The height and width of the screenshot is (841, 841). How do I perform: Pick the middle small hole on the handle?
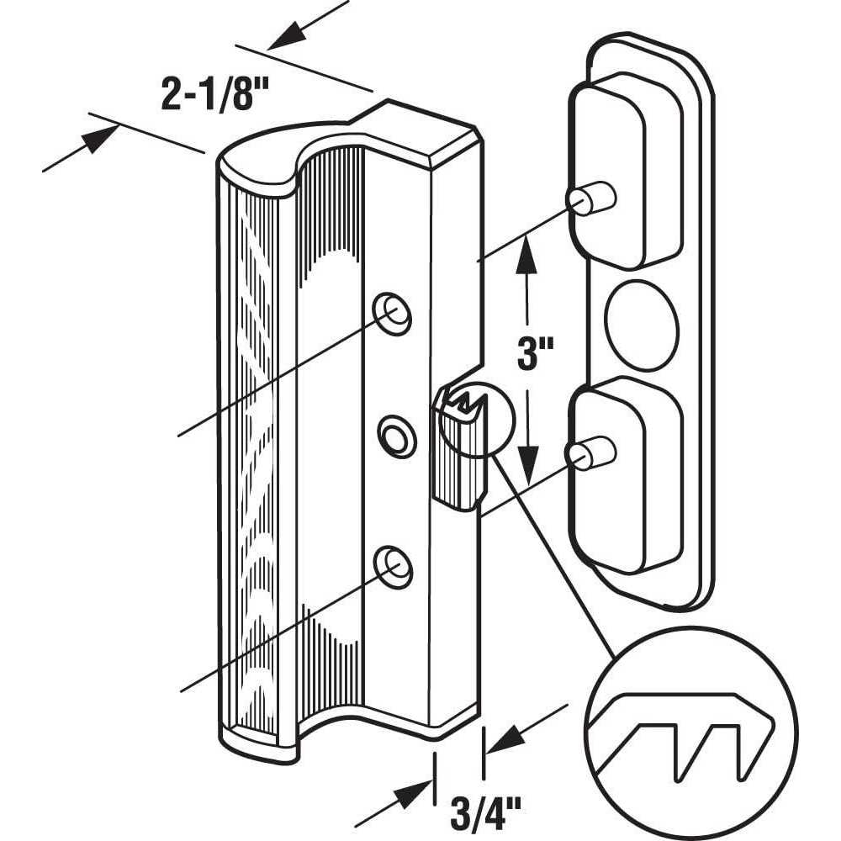tap(392, 433)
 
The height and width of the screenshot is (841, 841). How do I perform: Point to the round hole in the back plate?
tap(642, 325)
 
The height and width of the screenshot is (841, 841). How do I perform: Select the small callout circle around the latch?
tap(475, 418)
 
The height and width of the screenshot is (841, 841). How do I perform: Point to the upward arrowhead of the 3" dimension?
tap(526, 252)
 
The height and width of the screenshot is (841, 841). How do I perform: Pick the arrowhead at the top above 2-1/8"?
tap(286, 34)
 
